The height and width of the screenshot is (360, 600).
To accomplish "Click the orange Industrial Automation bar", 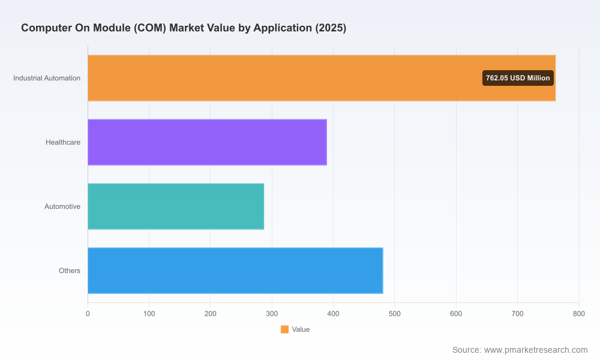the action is point(322,78).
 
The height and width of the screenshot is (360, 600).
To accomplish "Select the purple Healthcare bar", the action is point(208,142).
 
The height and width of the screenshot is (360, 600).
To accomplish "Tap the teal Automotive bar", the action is point(176,206).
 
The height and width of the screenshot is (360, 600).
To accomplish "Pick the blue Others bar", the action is point(235,271).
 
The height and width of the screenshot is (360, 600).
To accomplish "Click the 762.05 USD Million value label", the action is point(518,78).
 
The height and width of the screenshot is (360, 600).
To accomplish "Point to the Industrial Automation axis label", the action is point(47,78).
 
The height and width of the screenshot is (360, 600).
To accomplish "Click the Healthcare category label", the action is point(63,142).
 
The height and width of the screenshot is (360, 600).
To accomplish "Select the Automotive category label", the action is point(62,206).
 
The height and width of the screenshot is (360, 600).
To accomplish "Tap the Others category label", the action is point(70,271).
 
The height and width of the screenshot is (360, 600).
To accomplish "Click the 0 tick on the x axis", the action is point(88,314).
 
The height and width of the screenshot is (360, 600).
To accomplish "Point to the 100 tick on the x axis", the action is point(149,314).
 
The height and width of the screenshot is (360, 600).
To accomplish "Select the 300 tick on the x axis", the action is point(272,314).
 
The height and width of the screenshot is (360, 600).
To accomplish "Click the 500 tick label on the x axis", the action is point(395,314).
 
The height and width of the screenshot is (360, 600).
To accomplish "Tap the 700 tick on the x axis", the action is point(517,314).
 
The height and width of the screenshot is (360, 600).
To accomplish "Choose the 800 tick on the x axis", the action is point(579,314).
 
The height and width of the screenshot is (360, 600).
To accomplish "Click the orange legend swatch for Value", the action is point(284,329).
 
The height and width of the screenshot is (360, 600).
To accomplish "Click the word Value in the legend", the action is point(301,329).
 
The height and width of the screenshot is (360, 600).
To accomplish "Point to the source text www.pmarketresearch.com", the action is point(536,350).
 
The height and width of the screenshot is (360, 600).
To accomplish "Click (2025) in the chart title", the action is point(331,28).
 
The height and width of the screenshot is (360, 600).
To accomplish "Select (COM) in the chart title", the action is point(150,28).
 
